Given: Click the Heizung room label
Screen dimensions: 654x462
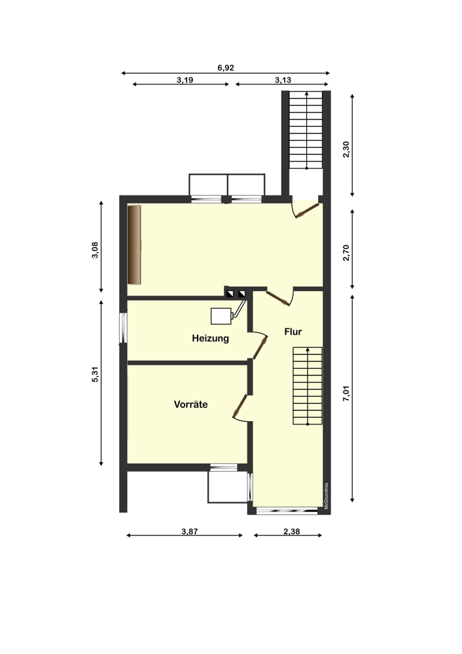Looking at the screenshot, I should click(210, 339).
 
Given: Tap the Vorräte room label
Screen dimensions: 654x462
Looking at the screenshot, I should click(190, 405).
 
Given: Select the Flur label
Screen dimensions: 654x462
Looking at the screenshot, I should click(293, 332).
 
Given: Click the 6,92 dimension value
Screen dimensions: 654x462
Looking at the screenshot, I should click(226, 67).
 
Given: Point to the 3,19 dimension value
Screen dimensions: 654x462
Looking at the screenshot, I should click(185, 79).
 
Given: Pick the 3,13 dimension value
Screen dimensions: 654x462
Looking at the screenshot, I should click(283, 79).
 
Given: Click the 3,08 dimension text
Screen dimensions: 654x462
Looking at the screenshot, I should click(95, 250).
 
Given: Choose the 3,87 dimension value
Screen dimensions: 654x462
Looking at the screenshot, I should click(190, 532).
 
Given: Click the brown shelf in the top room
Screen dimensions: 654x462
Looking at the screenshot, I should click(135, 245).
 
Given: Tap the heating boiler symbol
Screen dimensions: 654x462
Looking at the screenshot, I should click(222, 315).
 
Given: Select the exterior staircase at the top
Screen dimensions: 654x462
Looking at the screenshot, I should click(307, 131).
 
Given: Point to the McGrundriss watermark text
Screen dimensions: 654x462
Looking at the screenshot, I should click(325, 495).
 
